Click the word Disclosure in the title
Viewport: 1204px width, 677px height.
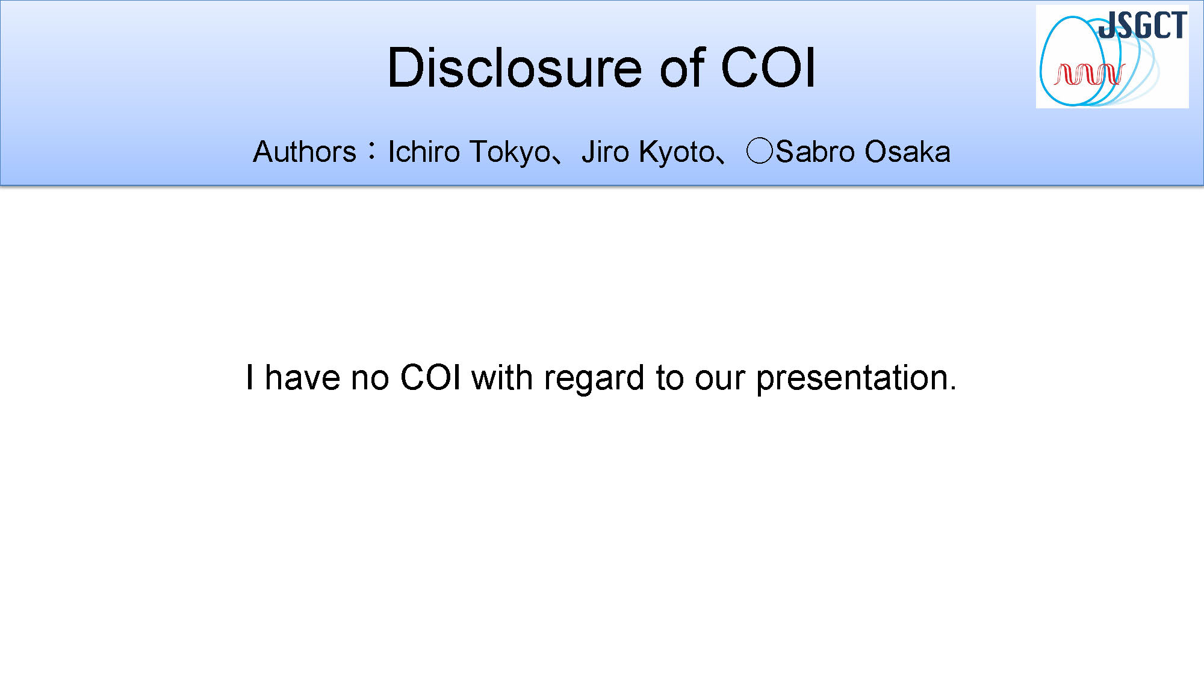click(515, 67)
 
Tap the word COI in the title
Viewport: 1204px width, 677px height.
click(768, 67)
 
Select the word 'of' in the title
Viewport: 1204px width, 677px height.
click(682, 67)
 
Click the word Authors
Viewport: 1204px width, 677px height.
click(305, 152)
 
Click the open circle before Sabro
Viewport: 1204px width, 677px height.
click(759, 151)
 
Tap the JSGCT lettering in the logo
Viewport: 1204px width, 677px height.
click(1143, 26)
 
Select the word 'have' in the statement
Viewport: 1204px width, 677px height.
click(302, 378)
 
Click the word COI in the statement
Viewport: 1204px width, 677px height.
click(430, 378)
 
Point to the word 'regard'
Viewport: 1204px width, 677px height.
click(594, 379)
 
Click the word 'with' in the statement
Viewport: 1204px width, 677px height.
click(502, 378)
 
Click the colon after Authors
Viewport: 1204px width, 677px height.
click(373, 152)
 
